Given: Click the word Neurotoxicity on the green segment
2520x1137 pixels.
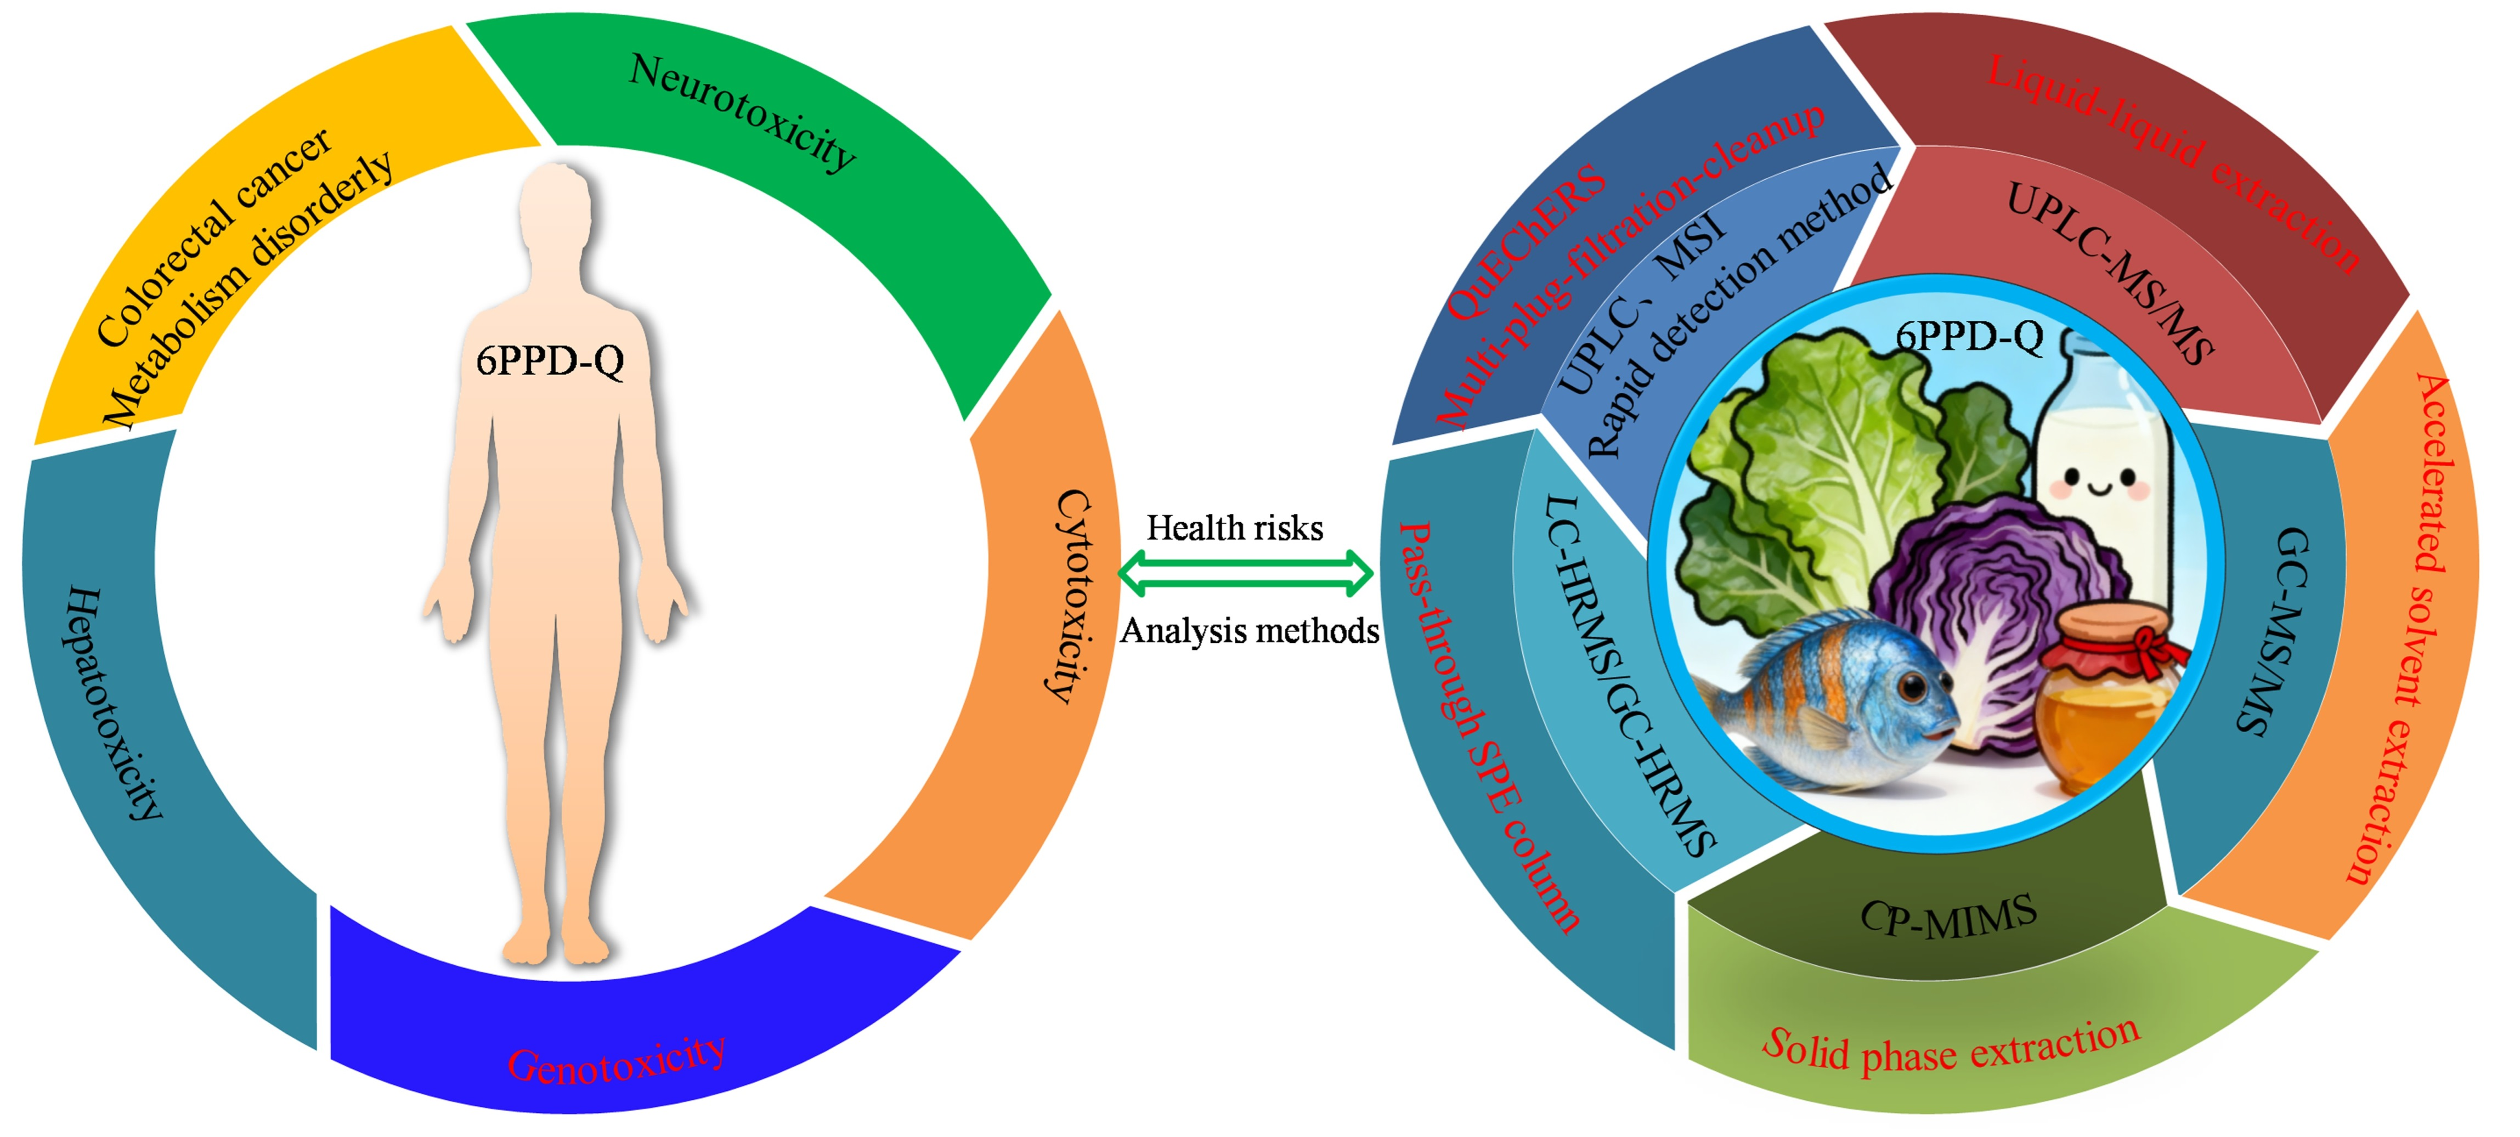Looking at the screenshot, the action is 742,112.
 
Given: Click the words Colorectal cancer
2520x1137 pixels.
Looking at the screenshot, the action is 213,238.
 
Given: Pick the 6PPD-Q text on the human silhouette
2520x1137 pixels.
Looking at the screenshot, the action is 550,361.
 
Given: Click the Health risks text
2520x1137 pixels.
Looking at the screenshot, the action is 1235,528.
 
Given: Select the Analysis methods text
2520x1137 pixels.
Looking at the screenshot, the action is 1249,631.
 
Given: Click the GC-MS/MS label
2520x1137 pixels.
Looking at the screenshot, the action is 2279,631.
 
